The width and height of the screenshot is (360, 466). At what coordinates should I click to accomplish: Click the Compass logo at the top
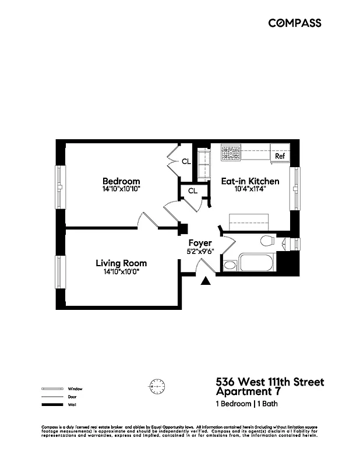point(294,23)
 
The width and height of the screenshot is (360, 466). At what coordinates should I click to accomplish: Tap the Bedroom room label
point(121,181)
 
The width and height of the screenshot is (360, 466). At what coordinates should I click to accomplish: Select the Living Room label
point(121,263)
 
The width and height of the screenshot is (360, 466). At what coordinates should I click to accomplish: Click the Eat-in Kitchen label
point(250,181)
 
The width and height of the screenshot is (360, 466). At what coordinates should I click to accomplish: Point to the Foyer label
point(200,243)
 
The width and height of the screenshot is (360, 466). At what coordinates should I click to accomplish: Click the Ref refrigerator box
point(280,156)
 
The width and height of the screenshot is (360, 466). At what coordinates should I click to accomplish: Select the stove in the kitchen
point(231,154)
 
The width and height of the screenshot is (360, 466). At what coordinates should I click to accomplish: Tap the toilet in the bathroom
point(267,241)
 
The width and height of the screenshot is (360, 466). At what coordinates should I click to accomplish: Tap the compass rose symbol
point(157,385)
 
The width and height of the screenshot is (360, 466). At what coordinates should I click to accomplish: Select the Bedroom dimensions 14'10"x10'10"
point(121,189)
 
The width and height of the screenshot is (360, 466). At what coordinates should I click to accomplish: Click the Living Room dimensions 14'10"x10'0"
point(121,271)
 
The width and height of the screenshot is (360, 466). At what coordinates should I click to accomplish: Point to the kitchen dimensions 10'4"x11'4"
point(250,189)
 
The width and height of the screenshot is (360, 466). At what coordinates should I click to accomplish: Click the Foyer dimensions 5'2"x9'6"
point(200,252)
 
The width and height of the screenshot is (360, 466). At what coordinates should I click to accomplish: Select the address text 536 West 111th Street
point(270,382)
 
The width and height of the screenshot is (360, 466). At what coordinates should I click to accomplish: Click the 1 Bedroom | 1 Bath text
point(246,404)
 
